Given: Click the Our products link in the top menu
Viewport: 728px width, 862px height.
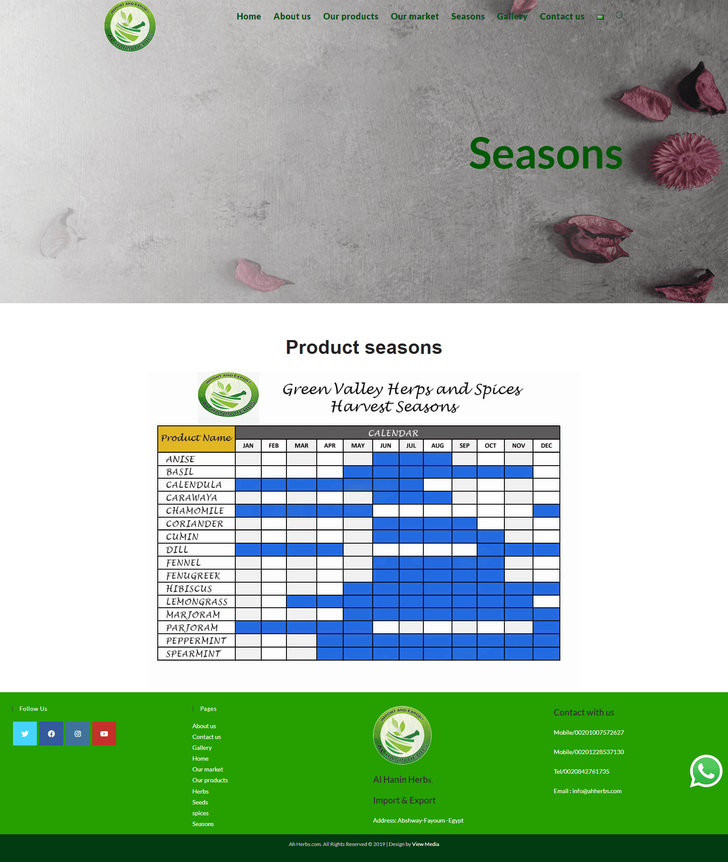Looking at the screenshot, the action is [x=351, y=16].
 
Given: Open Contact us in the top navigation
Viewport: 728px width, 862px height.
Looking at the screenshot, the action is [x=562, y=16].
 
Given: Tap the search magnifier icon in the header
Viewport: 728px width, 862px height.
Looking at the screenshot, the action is [x=620, y=16].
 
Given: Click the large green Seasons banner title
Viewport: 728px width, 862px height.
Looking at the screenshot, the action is [x=546, y=154].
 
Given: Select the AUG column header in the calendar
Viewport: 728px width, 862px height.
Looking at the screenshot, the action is [x=437, y=445].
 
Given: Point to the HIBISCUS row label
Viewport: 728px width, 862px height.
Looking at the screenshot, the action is [x=189, y=588].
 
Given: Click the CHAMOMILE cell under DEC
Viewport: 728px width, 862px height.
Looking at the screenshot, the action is [x=546, y=510].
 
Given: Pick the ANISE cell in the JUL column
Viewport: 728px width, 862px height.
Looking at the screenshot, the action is [x=411, y=459].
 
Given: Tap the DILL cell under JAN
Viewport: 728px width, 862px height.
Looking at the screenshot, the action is [x=248, y=549].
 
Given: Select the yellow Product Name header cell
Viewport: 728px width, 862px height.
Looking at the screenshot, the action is [x=196, y=439].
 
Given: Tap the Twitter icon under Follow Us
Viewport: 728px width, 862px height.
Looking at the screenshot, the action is [x=25, y=733].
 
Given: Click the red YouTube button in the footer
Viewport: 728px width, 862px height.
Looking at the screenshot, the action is [x=104, y=733].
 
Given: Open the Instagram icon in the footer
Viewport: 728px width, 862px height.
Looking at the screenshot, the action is [x=78, y=733].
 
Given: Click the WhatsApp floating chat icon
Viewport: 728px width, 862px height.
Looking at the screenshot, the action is [x=706, y=771].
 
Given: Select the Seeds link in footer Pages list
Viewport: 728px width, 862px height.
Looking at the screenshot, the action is [x=200, y=802].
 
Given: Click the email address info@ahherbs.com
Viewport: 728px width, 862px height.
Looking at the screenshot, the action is [x=597, y=791].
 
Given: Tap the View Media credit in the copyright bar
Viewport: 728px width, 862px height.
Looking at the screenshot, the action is [x=426, y=844].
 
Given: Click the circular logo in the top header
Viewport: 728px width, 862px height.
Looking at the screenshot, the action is [x=130, y=26].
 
